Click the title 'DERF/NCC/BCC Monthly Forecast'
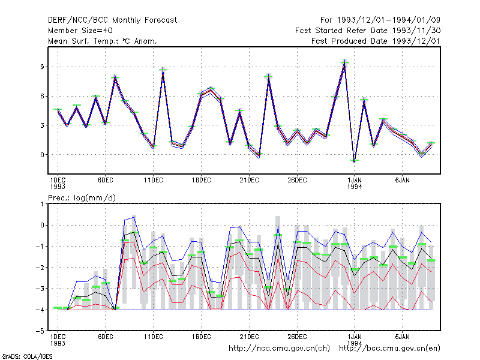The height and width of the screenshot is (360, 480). [112, 20]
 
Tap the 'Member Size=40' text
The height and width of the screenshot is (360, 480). [80, 31]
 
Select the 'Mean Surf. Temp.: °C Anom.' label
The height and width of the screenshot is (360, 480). [102, 41]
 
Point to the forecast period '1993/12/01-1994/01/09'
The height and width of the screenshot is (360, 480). [389, 20]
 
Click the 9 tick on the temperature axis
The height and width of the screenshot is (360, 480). [42, 67]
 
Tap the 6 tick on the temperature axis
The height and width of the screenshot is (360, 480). [42, 96]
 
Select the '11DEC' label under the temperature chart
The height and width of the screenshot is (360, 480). [154, 180]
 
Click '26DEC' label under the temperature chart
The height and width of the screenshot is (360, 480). [297, 180]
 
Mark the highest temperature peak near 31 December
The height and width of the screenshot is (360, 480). [344, 61]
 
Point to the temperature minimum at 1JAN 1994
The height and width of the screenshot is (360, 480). [355, 161]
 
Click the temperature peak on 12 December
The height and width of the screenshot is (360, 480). [163, 68]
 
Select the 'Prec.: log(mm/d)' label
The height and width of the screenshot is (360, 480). [82, 198]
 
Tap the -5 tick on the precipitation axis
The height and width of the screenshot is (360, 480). [41, 331]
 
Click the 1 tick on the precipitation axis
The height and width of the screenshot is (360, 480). [42, 204]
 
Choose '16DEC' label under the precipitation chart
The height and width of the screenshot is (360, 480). [201, 337]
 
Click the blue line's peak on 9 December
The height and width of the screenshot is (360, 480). [134, 217]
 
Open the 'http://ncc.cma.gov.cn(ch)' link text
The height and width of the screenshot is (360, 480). [279, 349]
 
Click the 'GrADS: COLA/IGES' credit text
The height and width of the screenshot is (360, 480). [27, 356]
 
